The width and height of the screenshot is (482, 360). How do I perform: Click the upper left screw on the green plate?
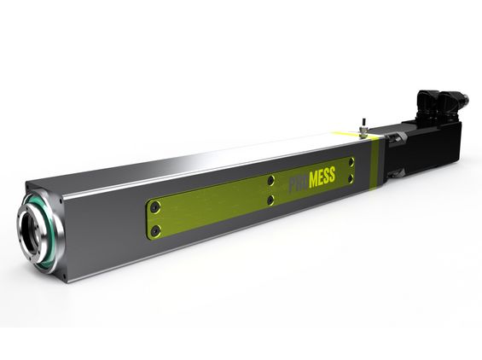155,208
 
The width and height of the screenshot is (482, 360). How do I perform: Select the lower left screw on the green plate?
157,230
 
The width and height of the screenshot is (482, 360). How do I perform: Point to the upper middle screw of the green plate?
270,181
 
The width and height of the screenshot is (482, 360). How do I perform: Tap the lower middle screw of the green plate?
270,200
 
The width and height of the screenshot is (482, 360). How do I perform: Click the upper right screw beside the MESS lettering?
351,161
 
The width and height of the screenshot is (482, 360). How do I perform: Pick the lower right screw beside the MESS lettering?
351,178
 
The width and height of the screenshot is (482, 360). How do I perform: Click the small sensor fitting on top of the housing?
363,131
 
